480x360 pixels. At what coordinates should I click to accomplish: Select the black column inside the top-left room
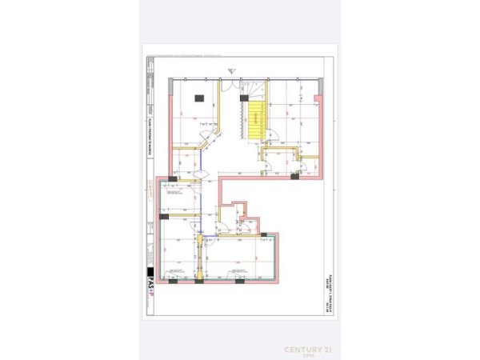199,98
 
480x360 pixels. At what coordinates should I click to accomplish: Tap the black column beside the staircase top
242,96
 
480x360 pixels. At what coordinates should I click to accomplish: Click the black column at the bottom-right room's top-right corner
262,234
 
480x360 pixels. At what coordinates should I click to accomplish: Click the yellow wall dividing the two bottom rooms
199,260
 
